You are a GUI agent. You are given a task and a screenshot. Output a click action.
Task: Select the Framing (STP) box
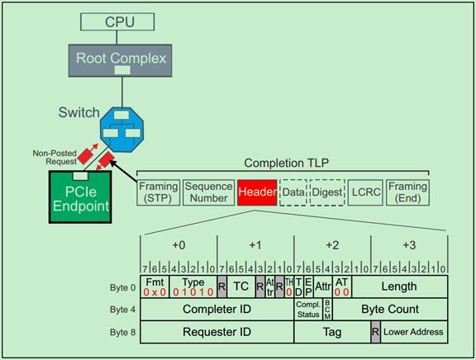click(158, 192)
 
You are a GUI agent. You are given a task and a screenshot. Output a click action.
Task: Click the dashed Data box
click(293, 192)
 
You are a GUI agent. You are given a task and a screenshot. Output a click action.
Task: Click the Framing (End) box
click(407, 192)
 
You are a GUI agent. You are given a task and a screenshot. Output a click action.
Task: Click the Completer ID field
click(217, 309)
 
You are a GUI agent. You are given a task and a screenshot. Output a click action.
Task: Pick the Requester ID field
click(217, 331)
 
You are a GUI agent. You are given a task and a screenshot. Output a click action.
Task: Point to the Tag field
click(331, 331)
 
